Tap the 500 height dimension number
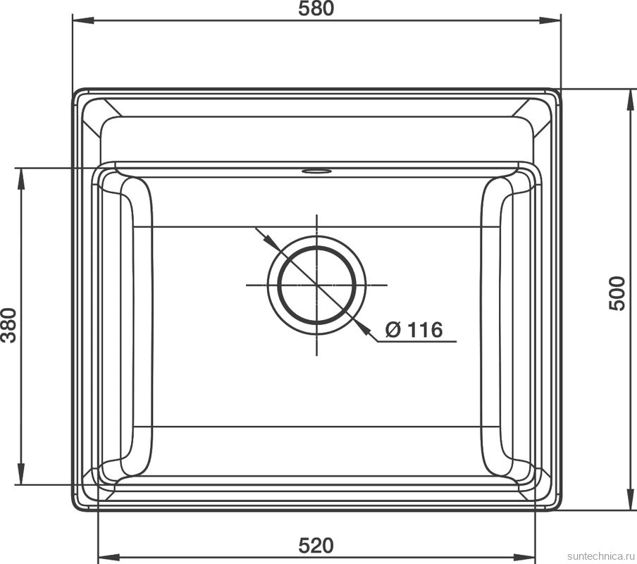pos(617,293)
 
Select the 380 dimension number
pos(9,325)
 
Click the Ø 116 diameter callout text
pos(414,329)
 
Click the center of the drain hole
pos(317,285)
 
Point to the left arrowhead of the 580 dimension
pos(79,20)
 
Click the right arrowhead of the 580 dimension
pos(554,20)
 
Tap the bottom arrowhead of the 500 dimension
pos(629,501)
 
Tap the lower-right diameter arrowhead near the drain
pos(364,327)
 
